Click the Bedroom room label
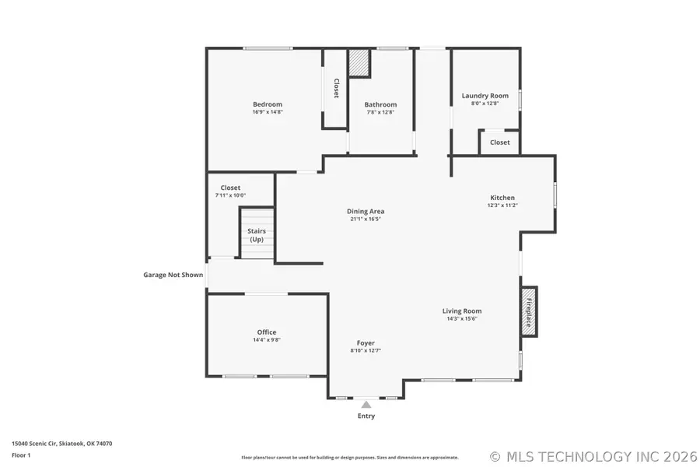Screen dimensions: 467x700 pyautogui.click(x=267, y=104)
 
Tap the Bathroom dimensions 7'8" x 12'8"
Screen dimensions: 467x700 pyautogui.click(x=380, y=112)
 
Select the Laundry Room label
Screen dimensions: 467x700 pyautogui.click(x=485, y=96)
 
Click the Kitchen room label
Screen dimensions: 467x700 pyautogui.click(x=502, y=198)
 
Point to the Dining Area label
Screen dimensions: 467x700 pyautogui.click(x=365, y=211)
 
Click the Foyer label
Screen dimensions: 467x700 pyautogui.click(x=366, y=342)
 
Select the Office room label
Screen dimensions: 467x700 pyautogui.click(x=267, y=332)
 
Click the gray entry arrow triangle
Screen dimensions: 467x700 pyautogui.click(x=366, y=404)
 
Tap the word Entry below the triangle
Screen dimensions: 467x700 pyautogui.click(x=366, y=416)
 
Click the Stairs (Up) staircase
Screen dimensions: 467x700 pyautogui.click(x=257, y=233)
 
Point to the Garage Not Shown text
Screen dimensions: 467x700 pyautogui.click(x=173, y=274)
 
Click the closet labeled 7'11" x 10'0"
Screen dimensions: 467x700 pyautogui.click(x=230, y=191)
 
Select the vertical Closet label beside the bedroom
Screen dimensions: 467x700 pyautogui.click(x=336, y=89)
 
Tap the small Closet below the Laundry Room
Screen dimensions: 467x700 pyautogui.click(x=499, y=142)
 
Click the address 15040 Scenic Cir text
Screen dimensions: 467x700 pyautogui.click(x=61, y=443)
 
